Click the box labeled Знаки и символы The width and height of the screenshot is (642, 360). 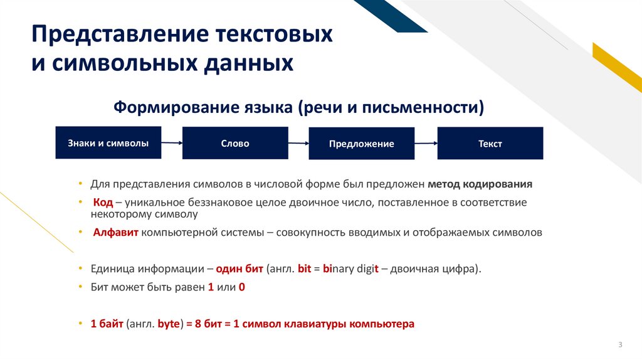click(108, 143)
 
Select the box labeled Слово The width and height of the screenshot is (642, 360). click(235, 143)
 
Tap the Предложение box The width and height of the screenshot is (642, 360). click(362, 144)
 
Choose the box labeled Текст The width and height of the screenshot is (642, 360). click(490, 144)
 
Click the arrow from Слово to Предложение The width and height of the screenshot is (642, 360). click(298, 144)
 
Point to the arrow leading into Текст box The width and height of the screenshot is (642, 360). click(426, 144)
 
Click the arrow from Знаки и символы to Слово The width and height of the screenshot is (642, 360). click(172, 144)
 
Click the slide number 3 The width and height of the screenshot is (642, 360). click(620, 345)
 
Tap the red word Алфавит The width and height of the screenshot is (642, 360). click(116, 232)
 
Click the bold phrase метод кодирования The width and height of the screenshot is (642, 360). click(480, 184)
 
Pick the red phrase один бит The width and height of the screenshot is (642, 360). click(239, 268)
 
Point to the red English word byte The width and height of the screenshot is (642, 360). click(169, 324)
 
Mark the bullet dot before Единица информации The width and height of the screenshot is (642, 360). click(80, 268)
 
